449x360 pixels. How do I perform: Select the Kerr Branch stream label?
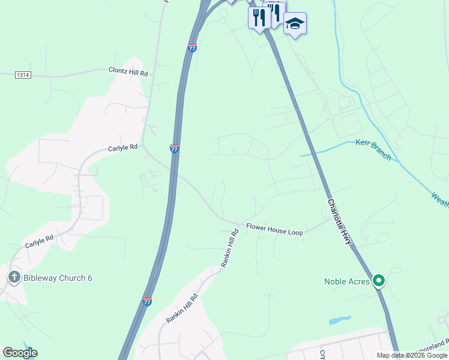point(373,149)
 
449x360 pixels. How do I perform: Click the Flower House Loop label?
point(275,227)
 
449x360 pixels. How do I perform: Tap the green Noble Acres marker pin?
point(379,280)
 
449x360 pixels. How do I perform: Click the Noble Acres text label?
point(347,281)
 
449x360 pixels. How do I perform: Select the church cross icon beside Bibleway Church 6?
point(14,277)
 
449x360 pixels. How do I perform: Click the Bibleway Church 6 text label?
point(58,278)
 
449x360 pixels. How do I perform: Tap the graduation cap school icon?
point(295,24)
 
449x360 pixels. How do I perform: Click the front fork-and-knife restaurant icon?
point(259,17)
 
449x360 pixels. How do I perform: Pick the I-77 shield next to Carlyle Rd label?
point(174,148)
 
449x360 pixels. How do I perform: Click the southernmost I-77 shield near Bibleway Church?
point(147,302)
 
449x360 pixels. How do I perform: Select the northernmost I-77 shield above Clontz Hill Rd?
point(192,48)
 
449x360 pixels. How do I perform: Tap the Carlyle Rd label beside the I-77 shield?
point(123,147)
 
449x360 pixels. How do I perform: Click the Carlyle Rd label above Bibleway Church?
point(39,242)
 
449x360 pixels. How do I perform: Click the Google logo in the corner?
point(20,353)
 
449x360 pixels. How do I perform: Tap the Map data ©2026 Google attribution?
point(411,355)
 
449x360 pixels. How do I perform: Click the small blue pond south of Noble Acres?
point(340,320)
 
